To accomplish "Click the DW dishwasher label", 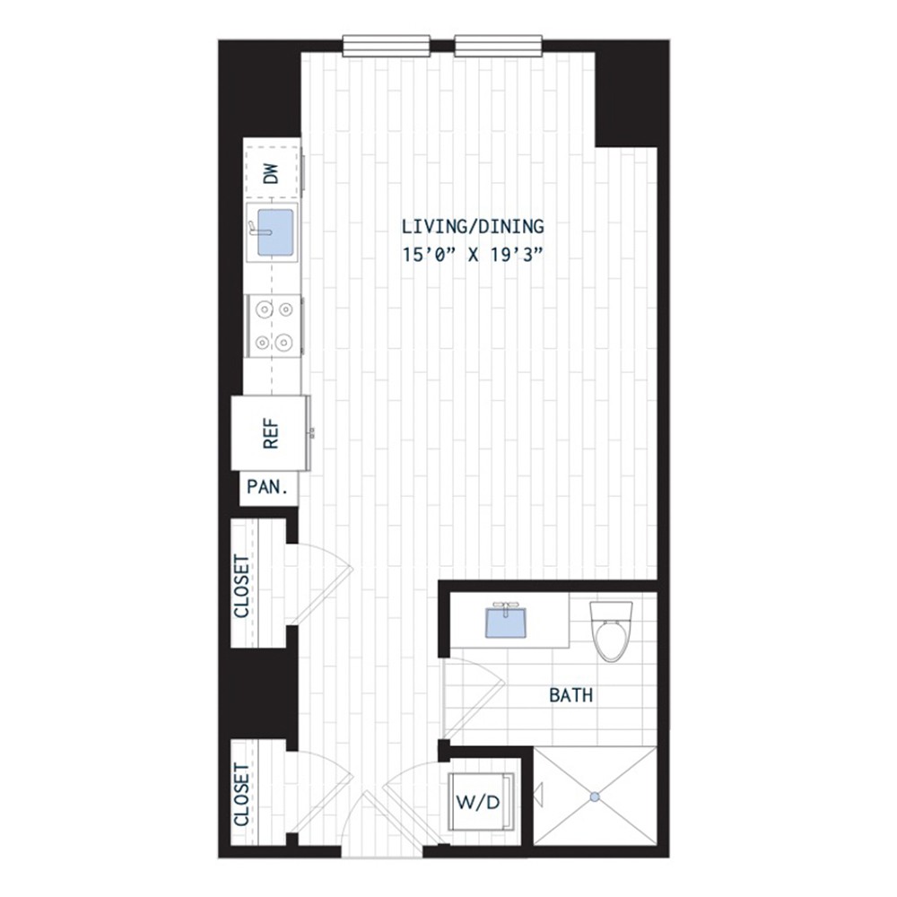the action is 273,174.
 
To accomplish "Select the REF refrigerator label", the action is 271,434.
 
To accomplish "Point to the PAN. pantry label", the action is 266,487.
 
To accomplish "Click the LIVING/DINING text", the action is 473,227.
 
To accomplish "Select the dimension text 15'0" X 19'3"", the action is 473,255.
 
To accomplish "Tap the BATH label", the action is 570,696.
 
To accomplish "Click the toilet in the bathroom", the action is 611,631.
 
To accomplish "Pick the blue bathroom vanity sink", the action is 506,622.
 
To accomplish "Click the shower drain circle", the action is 595,796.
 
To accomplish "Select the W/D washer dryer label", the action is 478,802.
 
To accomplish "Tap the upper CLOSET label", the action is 242,587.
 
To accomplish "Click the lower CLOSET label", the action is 241,795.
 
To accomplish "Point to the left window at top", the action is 386,46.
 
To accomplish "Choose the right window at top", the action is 498,46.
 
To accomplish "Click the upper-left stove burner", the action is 264,310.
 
